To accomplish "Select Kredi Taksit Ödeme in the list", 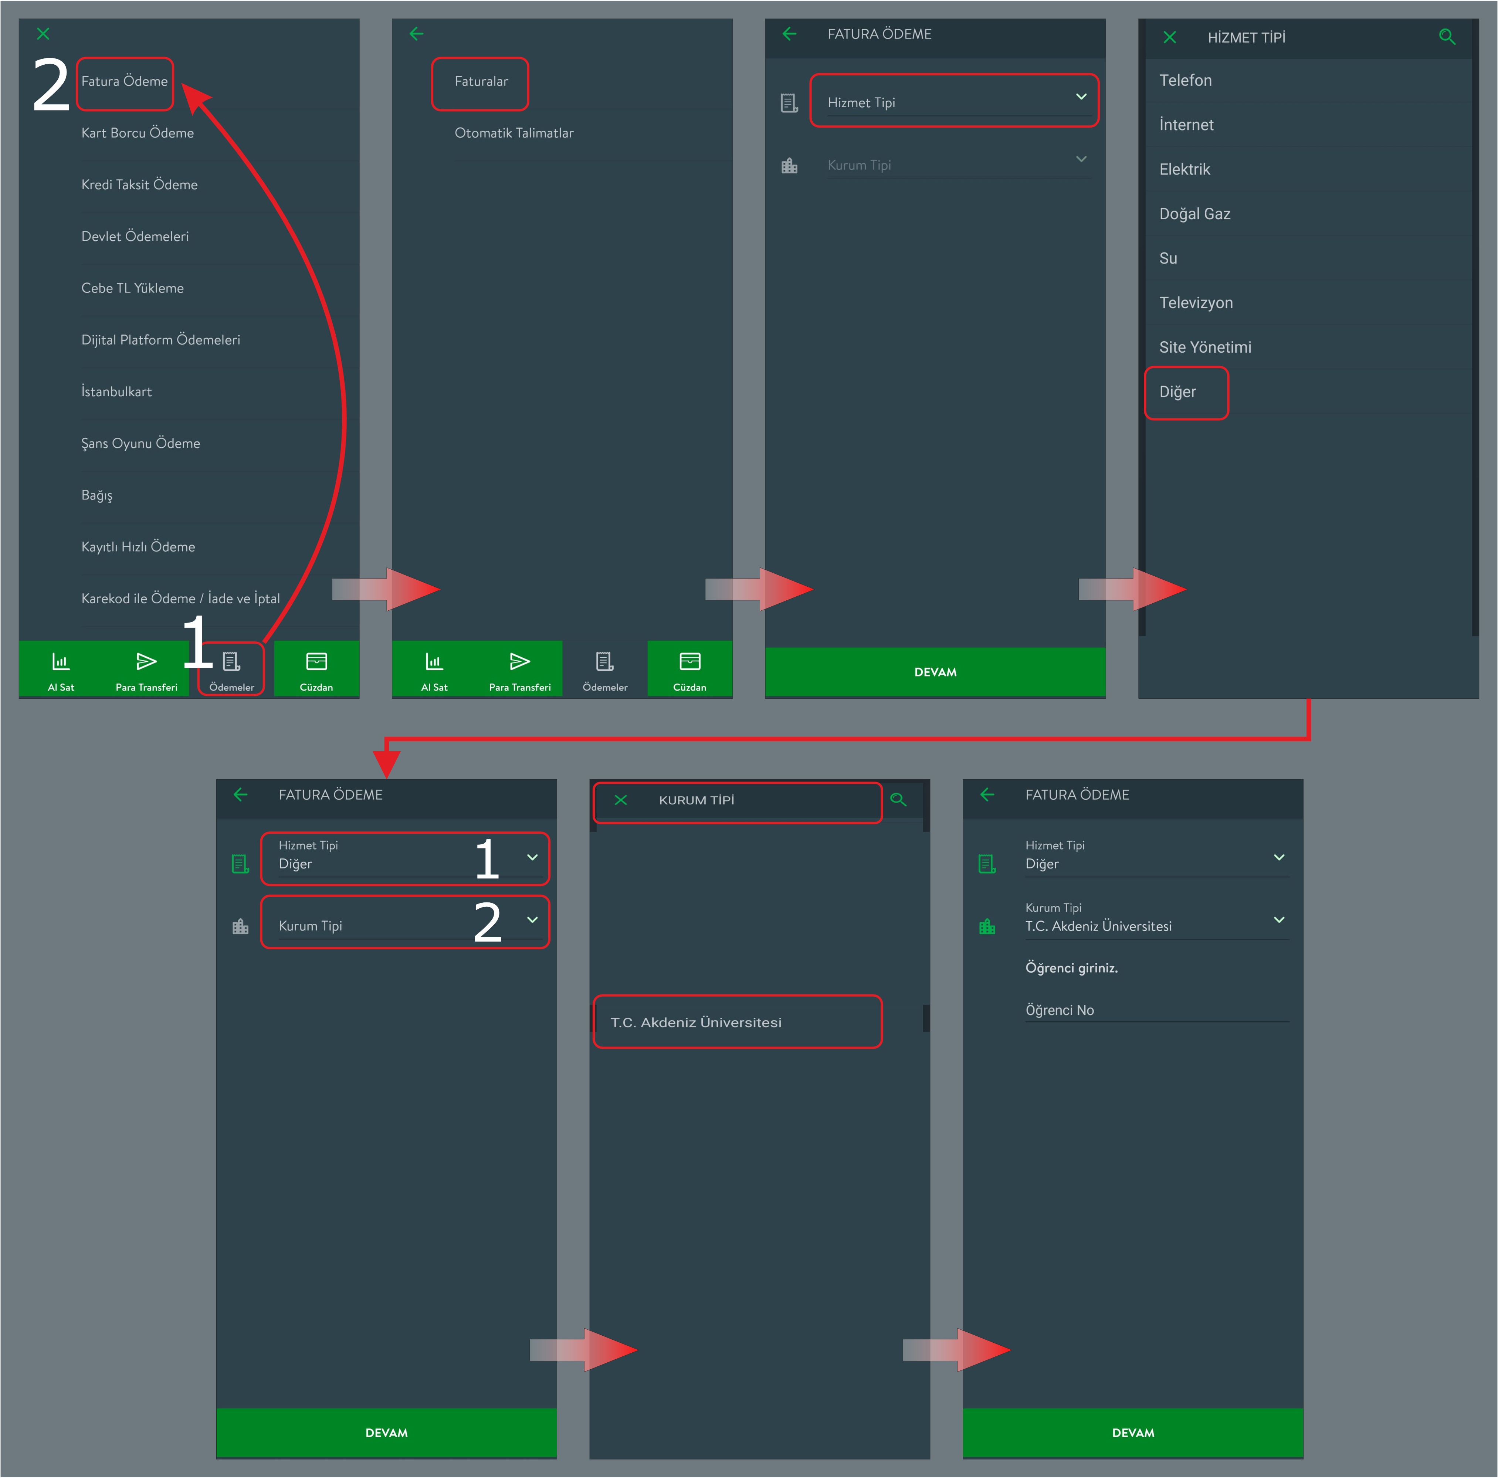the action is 140,184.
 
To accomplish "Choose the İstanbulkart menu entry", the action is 116,391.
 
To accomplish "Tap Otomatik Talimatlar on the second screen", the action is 514,133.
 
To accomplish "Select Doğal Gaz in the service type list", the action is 1195,214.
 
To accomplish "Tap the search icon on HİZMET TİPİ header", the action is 1447,37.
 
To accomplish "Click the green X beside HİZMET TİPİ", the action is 1170,37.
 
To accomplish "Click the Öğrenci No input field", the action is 1157,1010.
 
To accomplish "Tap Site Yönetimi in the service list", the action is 1205,348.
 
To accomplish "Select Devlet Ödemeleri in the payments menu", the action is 135,237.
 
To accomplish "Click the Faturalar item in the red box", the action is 481,81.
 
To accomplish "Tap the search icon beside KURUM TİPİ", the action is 898,800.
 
